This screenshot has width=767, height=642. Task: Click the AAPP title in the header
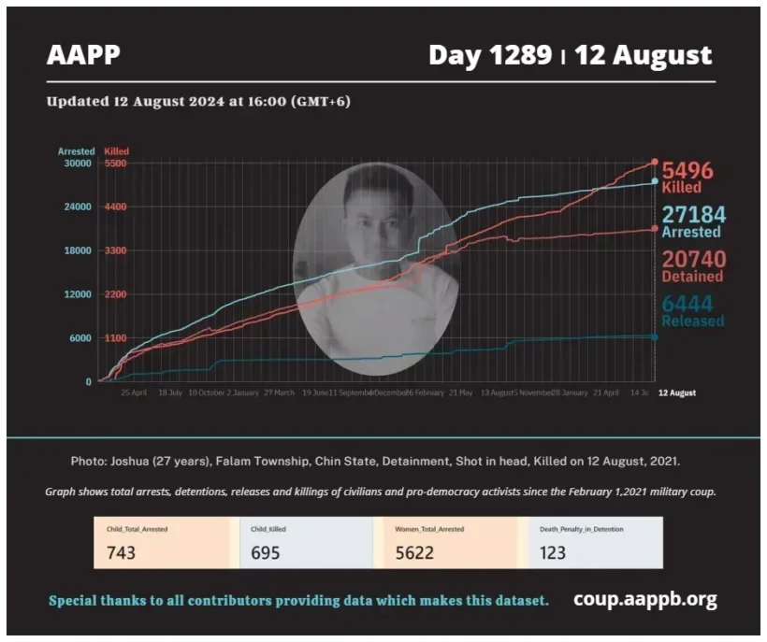pos(83,55)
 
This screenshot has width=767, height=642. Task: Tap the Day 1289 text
pos(489,55)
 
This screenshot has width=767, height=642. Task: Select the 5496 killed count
pos(687,171)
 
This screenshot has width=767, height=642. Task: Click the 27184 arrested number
pos(693,215)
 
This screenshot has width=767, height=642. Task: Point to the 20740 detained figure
pos(693,260)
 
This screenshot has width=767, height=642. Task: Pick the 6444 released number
pos(687,304)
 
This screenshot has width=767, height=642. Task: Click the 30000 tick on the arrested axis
pos(77,164)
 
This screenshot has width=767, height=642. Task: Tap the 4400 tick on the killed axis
pos(115,207)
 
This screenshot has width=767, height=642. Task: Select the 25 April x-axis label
pos(135,393)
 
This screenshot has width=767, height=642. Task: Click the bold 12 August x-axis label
pos(676,393)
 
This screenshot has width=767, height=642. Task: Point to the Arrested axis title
pos(76,151)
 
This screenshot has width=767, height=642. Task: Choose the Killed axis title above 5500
pos(117,151)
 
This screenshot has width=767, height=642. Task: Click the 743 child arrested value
pos(121,552)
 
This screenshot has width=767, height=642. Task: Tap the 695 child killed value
pos(266,552)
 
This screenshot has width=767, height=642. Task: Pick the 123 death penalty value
pos(553,552)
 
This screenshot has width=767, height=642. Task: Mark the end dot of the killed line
pos(654,162)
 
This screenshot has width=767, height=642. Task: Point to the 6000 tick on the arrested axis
pos(79,338)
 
